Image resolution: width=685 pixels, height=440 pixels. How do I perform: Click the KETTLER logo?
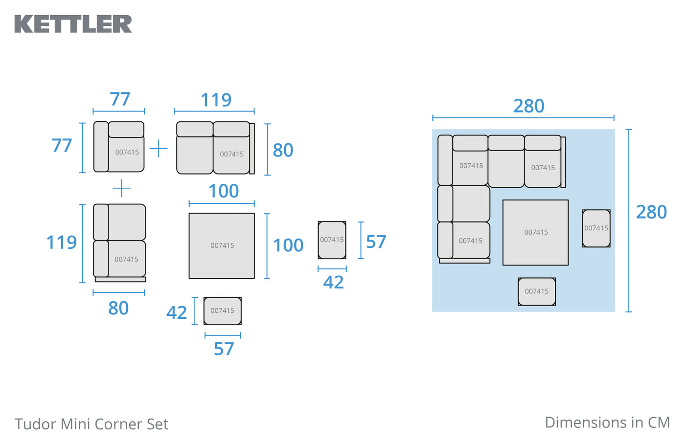click(73, 24)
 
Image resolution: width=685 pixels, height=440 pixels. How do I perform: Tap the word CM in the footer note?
click(659, 422)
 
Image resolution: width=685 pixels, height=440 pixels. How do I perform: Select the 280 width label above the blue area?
click(528, 106)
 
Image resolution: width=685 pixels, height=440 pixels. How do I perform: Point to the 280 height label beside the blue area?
click(651, 212)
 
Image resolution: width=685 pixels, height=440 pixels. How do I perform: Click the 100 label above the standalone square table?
click(224, 191)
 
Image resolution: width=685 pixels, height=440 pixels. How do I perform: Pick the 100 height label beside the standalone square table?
click(288, 245)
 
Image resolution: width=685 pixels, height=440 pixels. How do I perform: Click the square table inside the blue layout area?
click(535, 233)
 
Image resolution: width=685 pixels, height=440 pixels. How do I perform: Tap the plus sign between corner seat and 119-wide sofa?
click(159, 148)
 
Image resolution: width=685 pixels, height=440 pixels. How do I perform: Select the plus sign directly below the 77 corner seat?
click(121, 188)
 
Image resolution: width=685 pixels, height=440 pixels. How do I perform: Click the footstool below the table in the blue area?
click(537, 291)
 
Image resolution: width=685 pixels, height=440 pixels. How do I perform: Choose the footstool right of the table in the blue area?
click(596, 228)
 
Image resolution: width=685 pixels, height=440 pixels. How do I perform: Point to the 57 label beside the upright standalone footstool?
click(376, 242)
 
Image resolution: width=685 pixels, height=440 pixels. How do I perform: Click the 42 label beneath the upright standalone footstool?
click(333, 283)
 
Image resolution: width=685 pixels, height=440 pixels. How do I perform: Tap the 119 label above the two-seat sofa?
click(216, 100)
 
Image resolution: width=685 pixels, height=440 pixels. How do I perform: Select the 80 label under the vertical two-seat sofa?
click(118, 308)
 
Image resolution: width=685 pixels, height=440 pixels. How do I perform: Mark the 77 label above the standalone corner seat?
click(120, 99)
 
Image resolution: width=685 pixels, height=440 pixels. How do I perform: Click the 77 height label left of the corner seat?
click(62, 146)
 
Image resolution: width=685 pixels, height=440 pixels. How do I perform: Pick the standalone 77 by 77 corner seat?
click(119, 147)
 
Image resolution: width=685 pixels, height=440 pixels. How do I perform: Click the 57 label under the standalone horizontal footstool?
click(224, 349)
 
